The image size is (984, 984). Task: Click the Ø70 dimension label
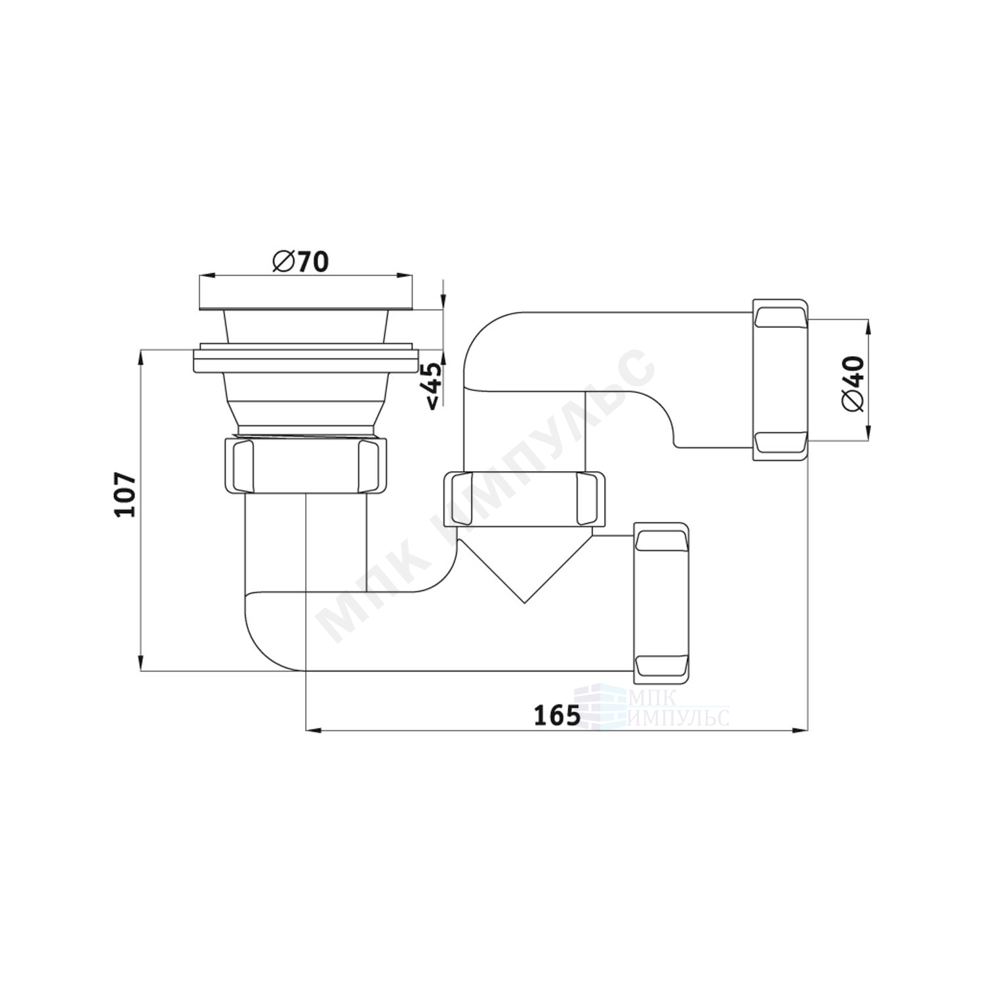pos(300,262)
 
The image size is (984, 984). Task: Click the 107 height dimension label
pos(125,495)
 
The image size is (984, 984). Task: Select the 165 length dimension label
pos(557,715)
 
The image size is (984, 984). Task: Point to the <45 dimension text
pos(433,386)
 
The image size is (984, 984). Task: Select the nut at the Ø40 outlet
pos(780,380)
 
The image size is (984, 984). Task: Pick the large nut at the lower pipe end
pos(661,600)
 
